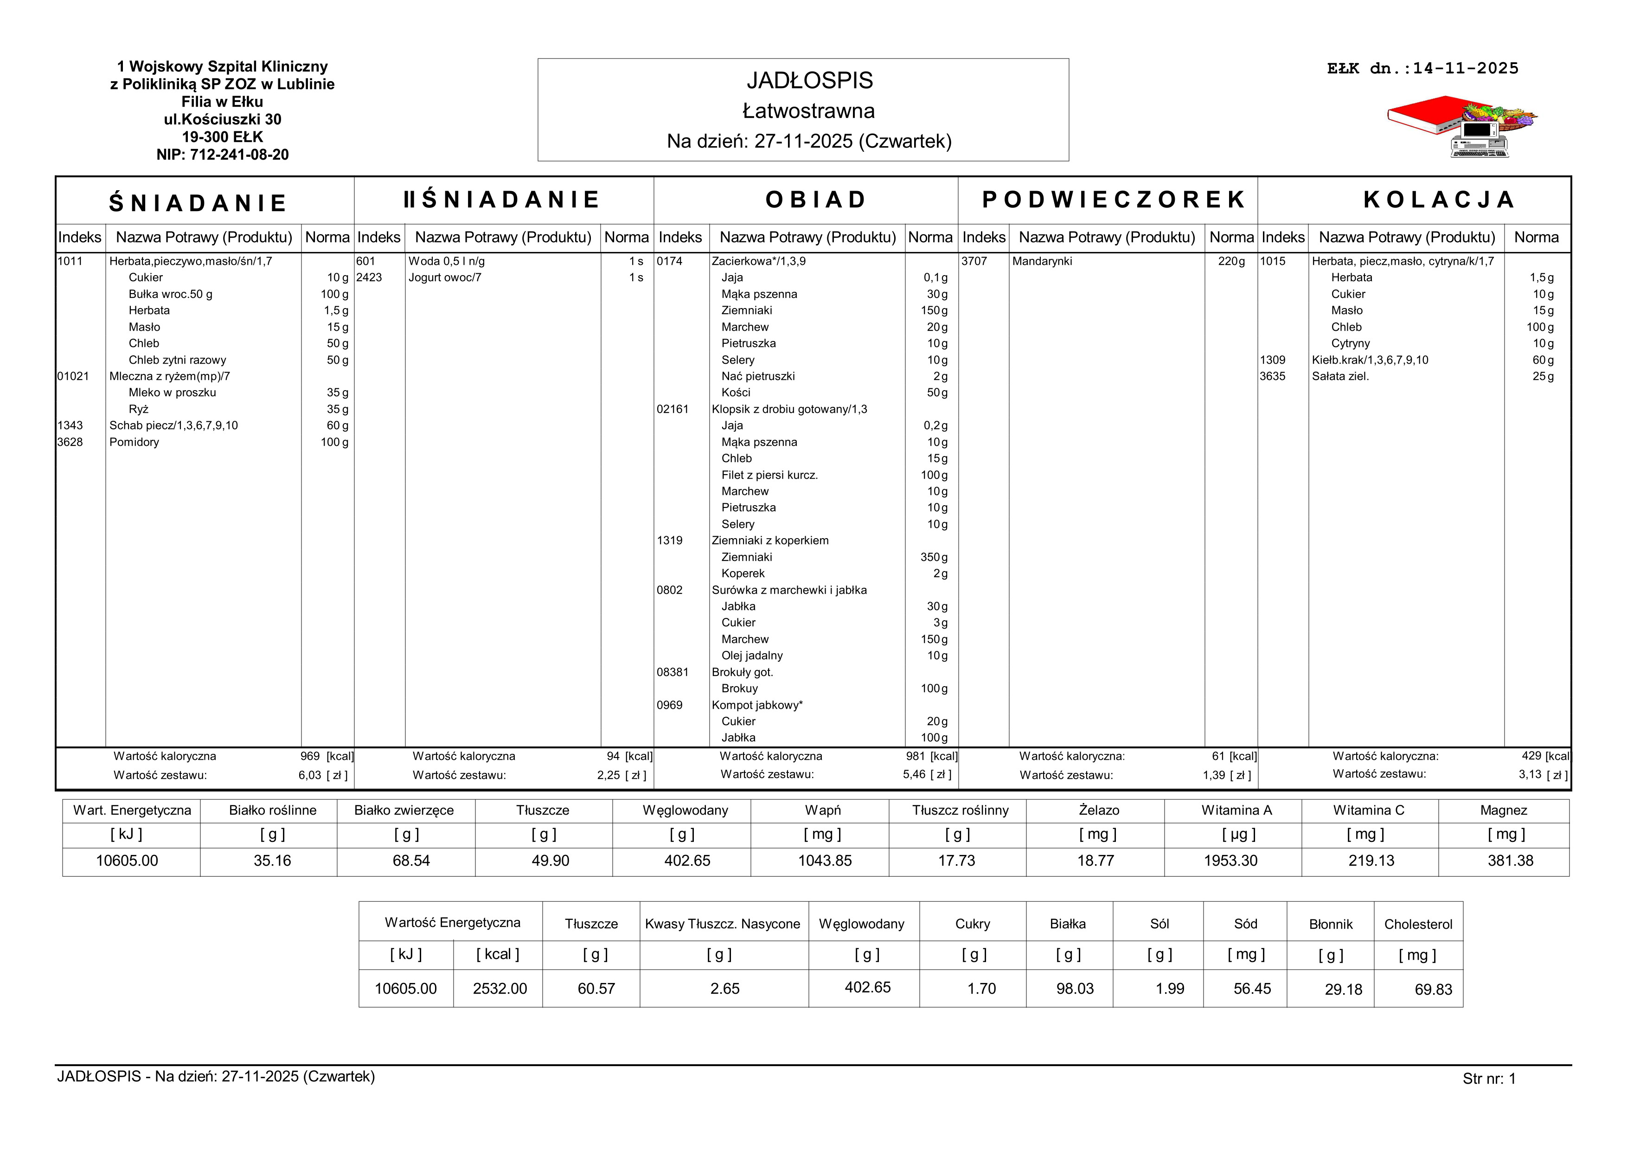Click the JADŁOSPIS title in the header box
(809, 81)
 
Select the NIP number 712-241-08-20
(223, 154)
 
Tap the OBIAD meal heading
(816, 200)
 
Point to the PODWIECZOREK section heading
(1113, 200)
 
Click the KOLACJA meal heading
(1439, 200)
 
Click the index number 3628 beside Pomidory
(70, 442)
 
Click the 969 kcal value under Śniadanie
(310, 757)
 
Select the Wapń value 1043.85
(824, 861)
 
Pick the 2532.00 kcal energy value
(500, 989)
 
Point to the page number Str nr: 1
(1489, 1079)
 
